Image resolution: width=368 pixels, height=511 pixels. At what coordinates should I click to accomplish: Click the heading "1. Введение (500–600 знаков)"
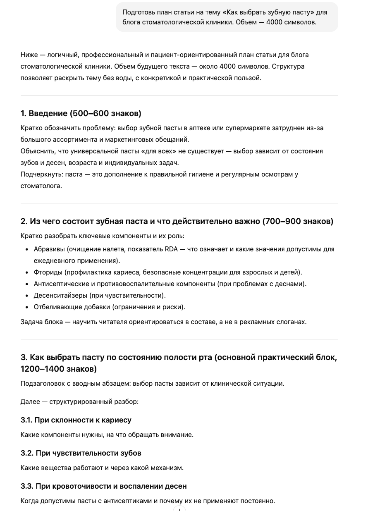81,113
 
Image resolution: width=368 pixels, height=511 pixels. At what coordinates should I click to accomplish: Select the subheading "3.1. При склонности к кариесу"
76,420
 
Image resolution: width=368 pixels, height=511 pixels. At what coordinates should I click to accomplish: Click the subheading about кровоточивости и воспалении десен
104,486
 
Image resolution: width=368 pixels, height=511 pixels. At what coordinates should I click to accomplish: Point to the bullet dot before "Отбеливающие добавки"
27,307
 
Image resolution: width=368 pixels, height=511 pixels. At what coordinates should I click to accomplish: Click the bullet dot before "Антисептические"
27,284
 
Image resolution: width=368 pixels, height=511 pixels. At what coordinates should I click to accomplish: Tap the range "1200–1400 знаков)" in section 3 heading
58,369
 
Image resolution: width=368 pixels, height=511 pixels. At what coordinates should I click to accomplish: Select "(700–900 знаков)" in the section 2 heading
298,222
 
